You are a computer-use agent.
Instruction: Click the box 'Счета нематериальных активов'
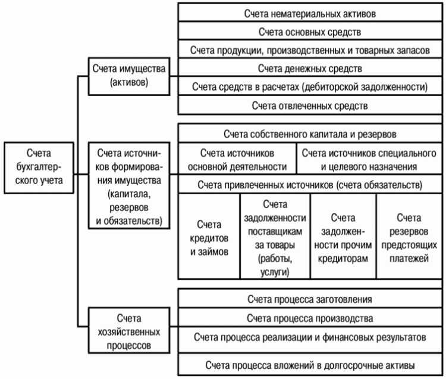309,12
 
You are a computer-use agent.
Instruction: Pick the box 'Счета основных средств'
309,30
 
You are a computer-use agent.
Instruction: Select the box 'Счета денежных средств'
309,68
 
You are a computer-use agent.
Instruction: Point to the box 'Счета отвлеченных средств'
309,105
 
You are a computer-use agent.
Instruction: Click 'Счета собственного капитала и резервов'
309,133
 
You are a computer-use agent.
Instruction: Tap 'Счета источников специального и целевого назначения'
369,159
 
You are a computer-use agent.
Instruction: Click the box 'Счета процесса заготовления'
309,298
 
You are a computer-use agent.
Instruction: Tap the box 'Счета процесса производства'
309,317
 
